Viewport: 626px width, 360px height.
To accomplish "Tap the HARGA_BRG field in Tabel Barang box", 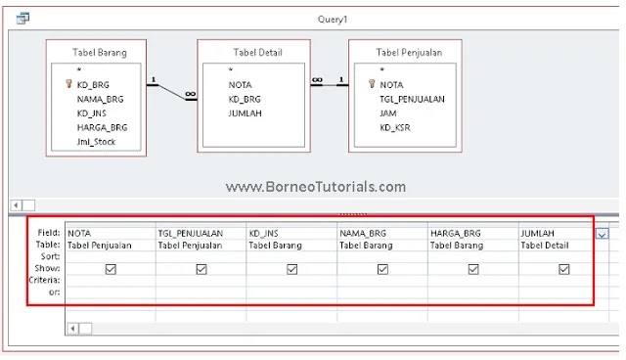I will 102,127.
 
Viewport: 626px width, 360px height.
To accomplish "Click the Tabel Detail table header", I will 257,52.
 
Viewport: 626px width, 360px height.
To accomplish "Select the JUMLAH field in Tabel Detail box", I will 245,112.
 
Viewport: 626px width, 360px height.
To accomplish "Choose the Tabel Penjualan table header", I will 407,52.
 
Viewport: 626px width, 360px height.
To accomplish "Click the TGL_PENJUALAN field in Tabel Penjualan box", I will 413,99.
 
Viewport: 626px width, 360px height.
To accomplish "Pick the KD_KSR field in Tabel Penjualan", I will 395,127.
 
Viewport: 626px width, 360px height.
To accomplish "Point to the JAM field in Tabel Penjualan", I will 388,112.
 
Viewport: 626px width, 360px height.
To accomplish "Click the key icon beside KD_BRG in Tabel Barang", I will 67,85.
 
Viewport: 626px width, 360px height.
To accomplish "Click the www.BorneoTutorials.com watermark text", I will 315,186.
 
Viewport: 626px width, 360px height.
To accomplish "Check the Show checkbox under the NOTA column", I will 111,268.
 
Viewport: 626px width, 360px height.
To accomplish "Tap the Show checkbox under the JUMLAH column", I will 564,268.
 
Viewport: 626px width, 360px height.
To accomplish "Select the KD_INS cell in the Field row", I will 264,234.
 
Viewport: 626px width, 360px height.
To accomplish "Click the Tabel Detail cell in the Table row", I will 545,246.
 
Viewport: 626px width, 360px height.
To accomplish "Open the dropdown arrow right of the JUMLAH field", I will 602,234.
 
